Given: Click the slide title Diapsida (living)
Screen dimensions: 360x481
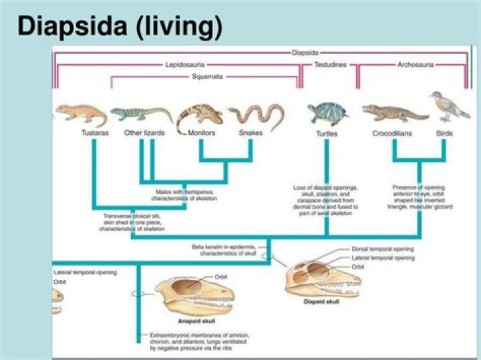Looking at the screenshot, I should (x=119, y=27).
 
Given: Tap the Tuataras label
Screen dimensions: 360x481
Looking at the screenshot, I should (x=88, y=133).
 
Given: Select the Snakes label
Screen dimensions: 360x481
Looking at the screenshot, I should (x=251, y=133).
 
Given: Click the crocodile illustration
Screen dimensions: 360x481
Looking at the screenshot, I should (x=394, y=113).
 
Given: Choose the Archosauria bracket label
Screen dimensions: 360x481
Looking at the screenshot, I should (x=416, y=65).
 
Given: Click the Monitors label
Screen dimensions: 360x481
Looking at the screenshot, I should (x=201, y=133).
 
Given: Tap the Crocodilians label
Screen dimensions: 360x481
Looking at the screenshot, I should (x=392, y=134).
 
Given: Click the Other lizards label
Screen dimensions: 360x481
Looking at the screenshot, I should (x=144, y=133).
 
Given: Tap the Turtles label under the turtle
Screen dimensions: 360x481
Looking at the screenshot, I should (x=327, y=134).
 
